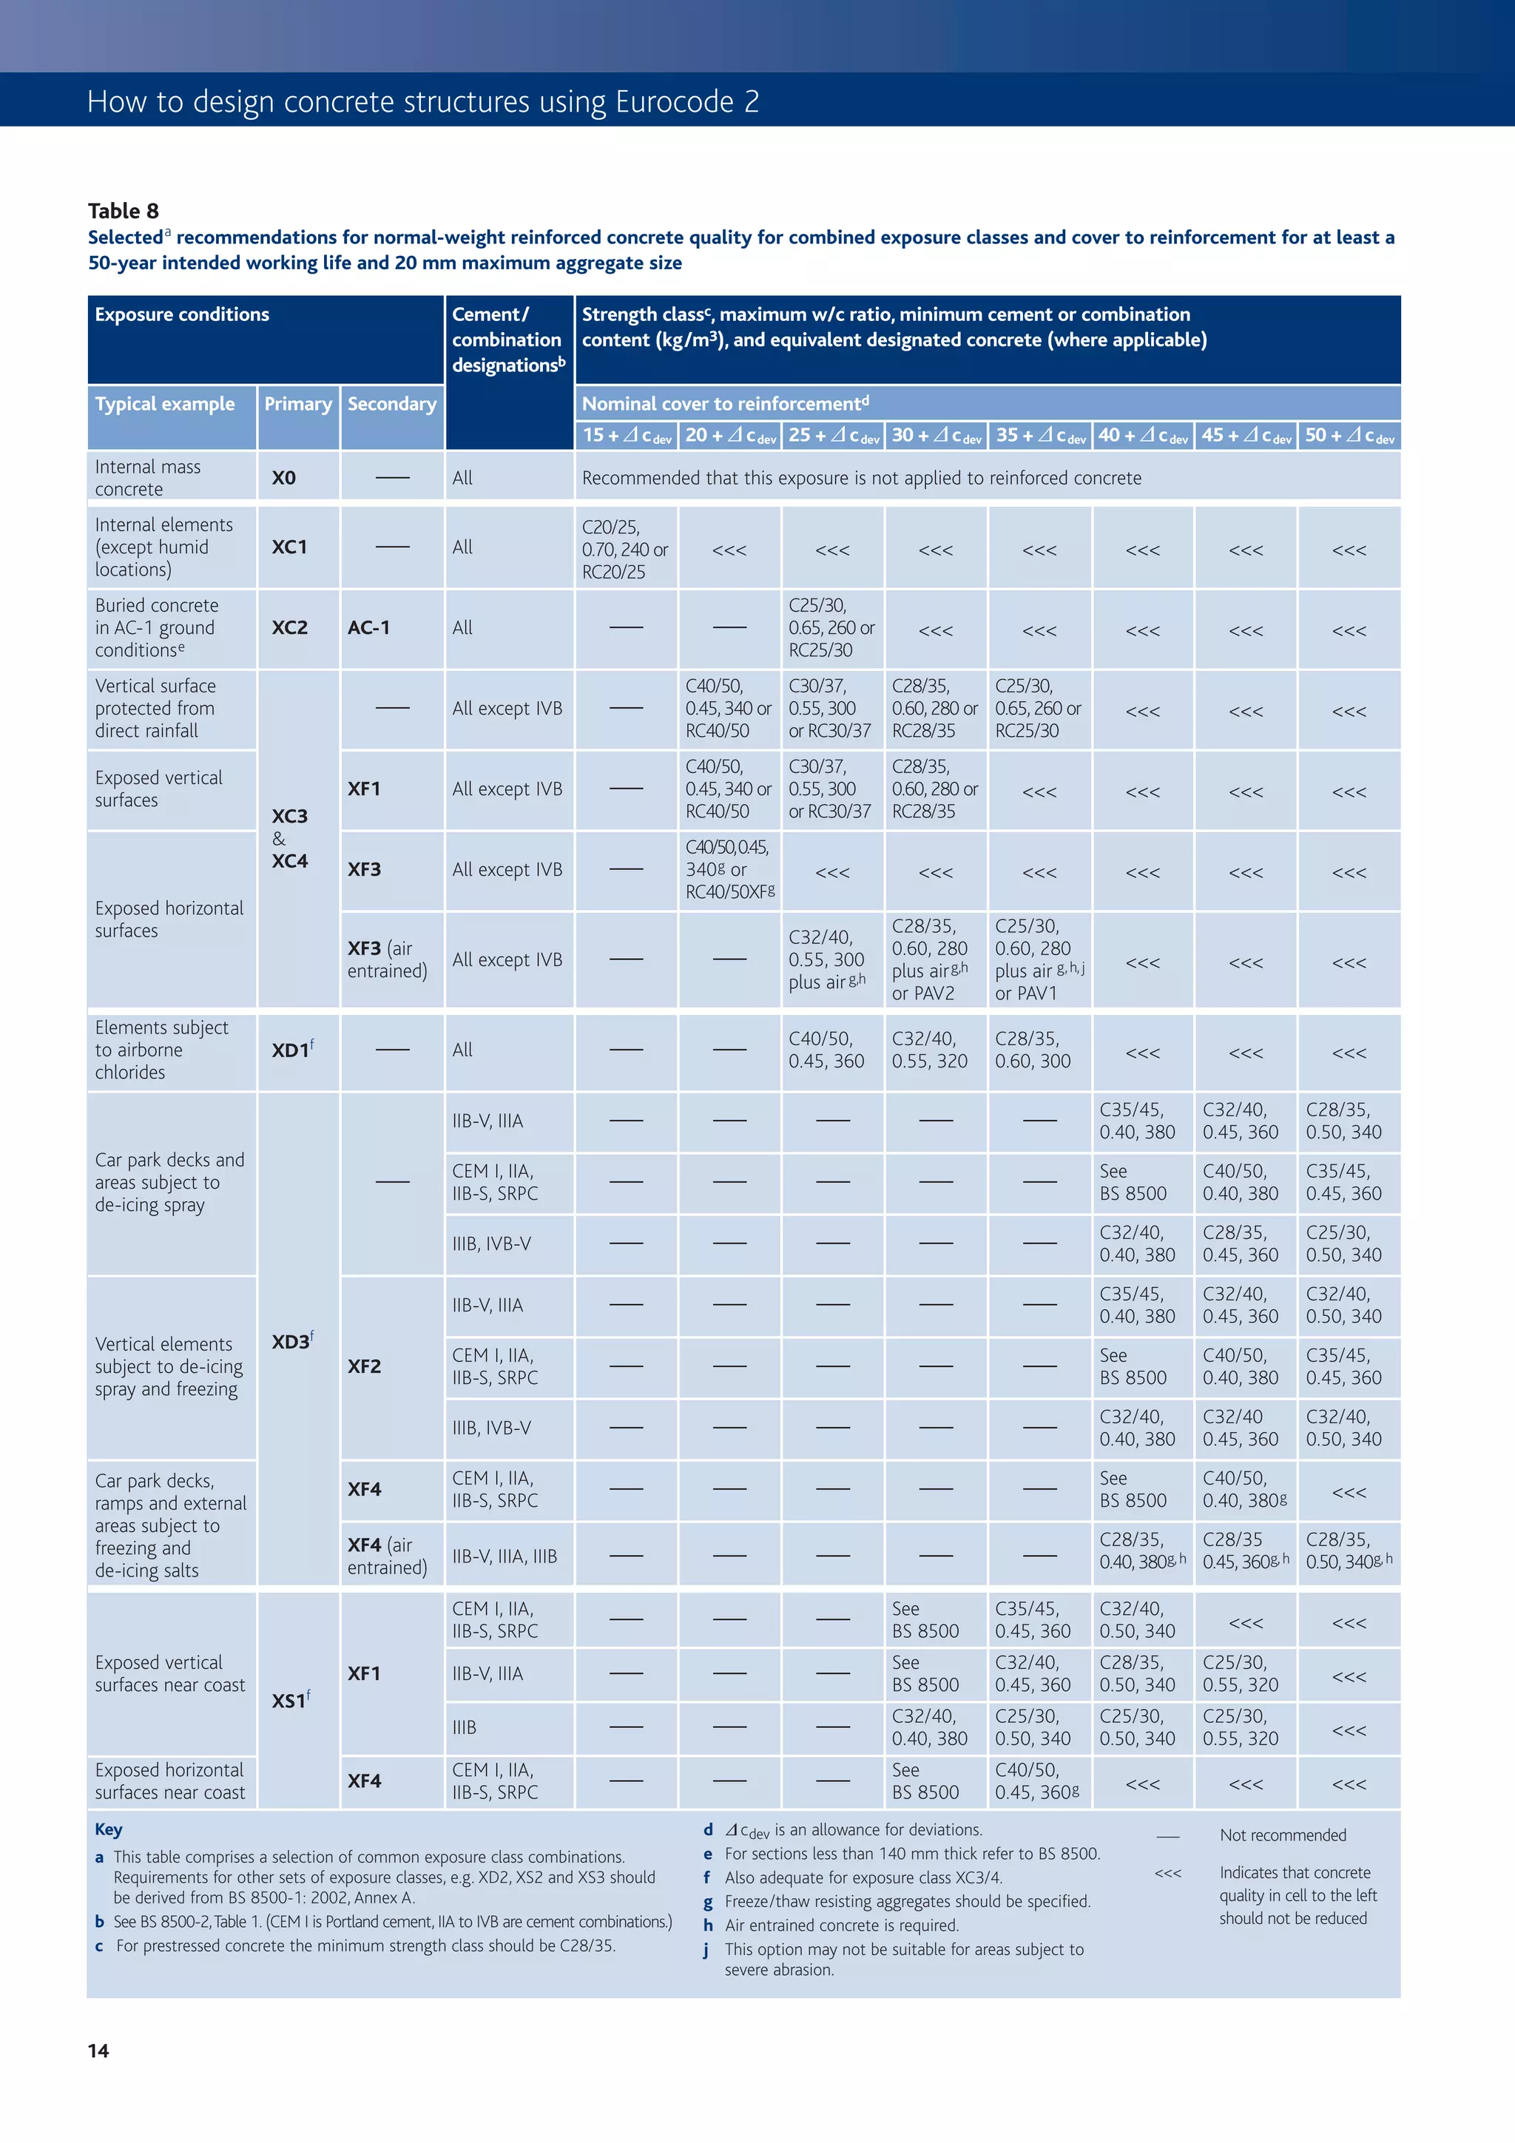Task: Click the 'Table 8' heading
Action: coord(124,211)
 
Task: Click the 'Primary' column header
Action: coord(298,404)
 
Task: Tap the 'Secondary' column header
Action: coord(392,404)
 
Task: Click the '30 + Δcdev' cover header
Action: coord(937,436)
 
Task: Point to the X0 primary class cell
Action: coord(284,478)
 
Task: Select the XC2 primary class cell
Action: coord(289,628)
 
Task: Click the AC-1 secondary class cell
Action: coord(368,628)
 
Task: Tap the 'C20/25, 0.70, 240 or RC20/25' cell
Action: coord(624,550)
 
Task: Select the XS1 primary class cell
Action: coord(289,1701)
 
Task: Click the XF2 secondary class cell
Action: coord(364,1366)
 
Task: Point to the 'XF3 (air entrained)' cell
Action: coord(388,959)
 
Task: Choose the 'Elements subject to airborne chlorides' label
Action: coord(161,1050)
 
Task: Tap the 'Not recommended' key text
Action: coord(1283,1835)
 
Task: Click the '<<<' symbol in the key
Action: coord(1168,1873)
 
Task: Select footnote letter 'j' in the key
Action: coord(707,1950)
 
